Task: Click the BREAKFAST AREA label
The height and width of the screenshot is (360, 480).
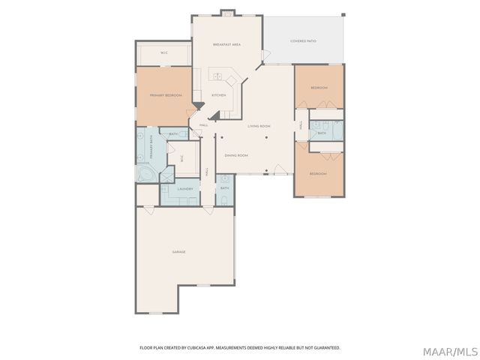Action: click(x=226, y=45)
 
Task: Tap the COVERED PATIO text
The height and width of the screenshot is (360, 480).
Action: click(x=303, y=41)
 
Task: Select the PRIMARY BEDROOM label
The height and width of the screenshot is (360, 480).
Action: click(x=166, y=95)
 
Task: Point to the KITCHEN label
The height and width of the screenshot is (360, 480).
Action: click(x=218, y=95)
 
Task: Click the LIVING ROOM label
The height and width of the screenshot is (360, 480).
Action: click(x=259, y=126)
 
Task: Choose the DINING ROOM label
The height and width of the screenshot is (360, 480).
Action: click(x=236, y=154)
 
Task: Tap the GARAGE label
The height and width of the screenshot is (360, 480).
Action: click(x=178, y=251)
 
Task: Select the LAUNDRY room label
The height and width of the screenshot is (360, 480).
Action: click(x=185, y=189)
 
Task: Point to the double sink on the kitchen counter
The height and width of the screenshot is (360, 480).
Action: click(x=218, y=76)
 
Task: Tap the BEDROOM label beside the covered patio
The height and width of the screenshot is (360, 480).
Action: click(x=319, y=88)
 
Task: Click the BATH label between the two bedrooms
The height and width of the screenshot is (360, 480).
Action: click(x=321, y=133)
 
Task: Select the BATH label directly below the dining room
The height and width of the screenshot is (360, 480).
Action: click(x=224, y=188)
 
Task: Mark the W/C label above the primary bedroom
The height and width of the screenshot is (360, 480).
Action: click(x=163, y=52)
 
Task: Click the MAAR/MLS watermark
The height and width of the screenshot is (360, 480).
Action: click(x=449, y=351)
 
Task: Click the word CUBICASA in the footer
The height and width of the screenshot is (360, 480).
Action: click(x=211, y=348)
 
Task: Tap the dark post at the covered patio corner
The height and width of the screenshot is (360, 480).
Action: click(x=343, y=15)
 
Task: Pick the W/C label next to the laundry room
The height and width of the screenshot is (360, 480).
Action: click(x=182, y=158)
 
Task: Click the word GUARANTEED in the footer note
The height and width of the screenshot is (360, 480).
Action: click(x=326, y=348)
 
